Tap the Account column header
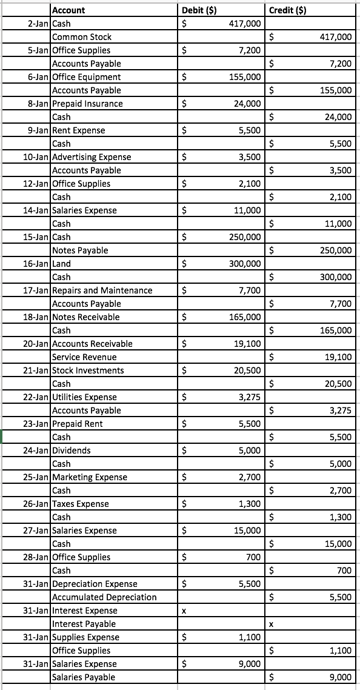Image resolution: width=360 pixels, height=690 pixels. coord(69,10)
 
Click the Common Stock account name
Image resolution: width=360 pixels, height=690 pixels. coord(82,37)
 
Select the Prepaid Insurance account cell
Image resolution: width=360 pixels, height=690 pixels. coord(88,104)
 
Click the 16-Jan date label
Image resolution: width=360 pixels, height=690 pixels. coord(38,264)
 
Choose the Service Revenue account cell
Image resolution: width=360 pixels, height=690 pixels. coord(84,357)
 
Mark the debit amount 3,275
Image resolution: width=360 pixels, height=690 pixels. coord(250,397)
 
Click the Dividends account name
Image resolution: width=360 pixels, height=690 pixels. coord(72,451)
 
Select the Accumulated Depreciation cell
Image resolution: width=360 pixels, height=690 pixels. coord(104,597)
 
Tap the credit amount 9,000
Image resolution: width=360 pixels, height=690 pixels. coord(341,677)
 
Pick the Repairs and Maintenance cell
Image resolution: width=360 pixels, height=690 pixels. coord(102,290)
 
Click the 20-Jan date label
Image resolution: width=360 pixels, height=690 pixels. coord(38,344)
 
